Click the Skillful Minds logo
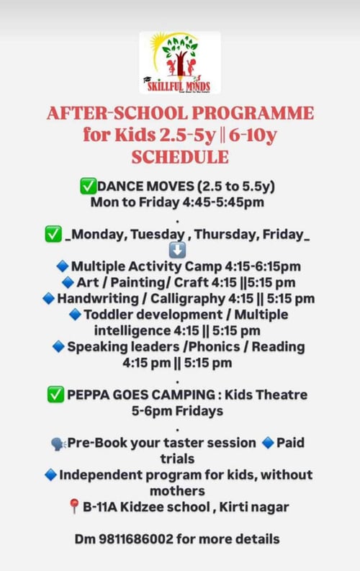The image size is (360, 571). (x=180, y=63)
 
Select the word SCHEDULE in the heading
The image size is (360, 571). (x=180, y=156)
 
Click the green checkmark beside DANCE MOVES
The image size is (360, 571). (x=88, y=186)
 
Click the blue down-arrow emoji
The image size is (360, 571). (x=177, y=250)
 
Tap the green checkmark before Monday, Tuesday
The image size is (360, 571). (x=53, y=234)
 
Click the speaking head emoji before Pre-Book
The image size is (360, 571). (x=58, y=443)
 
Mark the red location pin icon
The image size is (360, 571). (x=73, y=508)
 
